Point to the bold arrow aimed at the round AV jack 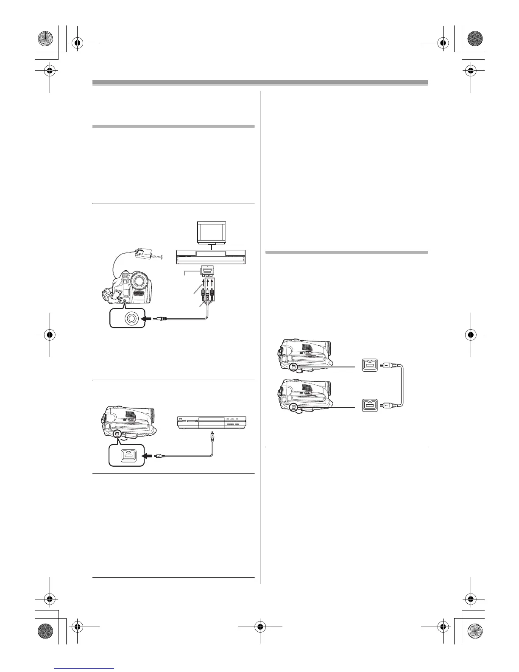(150, 318)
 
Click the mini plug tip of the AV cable (159, 318)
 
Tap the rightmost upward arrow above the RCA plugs (211, 283)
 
